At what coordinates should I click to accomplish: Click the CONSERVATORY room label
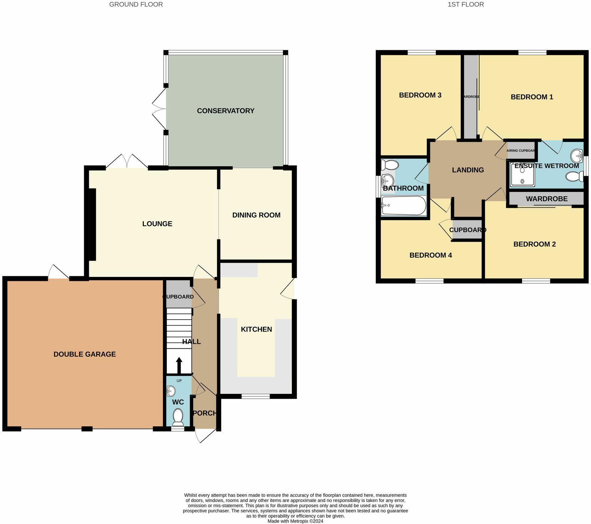(x=225, y=111)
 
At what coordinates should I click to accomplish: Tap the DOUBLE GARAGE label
(x=85, y=354)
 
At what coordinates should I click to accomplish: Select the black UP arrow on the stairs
(x=179, y=365)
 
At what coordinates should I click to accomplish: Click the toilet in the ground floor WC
(x=178, y=417)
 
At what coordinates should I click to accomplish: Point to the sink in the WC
(x=171, y=391)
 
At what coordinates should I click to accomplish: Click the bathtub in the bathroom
(x=404, y=205)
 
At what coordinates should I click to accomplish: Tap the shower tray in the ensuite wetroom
(x=522, y=174)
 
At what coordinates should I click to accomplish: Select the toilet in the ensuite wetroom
(x=574, y=176)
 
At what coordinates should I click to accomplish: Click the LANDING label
(x=468, y=170)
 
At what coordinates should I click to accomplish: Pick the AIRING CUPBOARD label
(x=521, y=151)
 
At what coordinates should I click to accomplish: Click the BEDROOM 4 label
(x=430, y=255)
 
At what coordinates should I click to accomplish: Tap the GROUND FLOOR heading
(x=136, y=4)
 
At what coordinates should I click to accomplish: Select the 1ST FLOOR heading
(x=466, y=4)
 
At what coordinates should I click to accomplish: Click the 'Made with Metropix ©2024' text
(x=295, y=521)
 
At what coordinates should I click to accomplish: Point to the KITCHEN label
(x=256, y=329)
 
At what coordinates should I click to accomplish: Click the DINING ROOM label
(x=256, y=215)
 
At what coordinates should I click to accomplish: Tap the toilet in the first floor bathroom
(x=390, y=165)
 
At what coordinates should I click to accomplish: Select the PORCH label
(x=205, y=413)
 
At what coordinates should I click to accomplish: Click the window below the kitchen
(x=256, y=396)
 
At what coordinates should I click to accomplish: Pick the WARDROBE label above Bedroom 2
(x=546, y=199)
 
